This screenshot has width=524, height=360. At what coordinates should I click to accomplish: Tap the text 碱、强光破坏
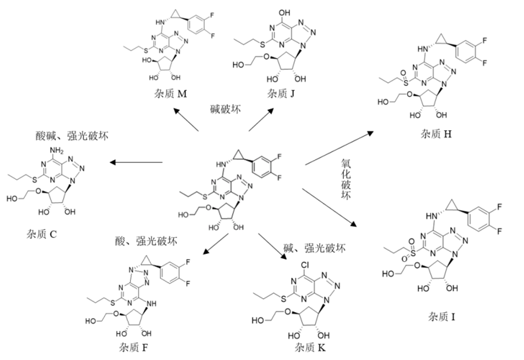point(315,248)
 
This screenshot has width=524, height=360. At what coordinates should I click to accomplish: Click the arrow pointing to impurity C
point(136,162)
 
